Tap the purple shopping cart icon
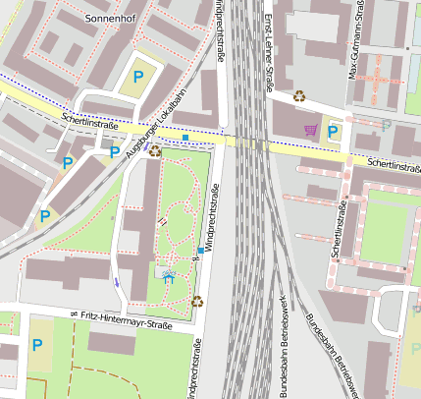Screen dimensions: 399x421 click(311, 130)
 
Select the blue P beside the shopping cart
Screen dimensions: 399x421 click(334, 130)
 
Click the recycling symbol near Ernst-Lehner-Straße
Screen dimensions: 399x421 click(299, 96)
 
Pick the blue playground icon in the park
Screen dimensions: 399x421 click(168, 278)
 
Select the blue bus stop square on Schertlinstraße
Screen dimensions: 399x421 click(185, 138)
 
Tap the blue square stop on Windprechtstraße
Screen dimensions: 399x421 click(200, 251)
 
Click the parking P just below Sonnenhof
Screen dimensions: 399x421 click(138, 75)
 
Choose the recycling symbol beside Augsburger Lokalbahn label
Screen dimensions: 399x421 click(155, 150)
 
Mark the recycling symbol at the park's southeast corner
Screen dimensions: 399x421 click(196, 302)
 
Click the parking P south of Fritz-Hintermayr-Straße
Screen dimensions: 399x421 click(37, 345)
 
